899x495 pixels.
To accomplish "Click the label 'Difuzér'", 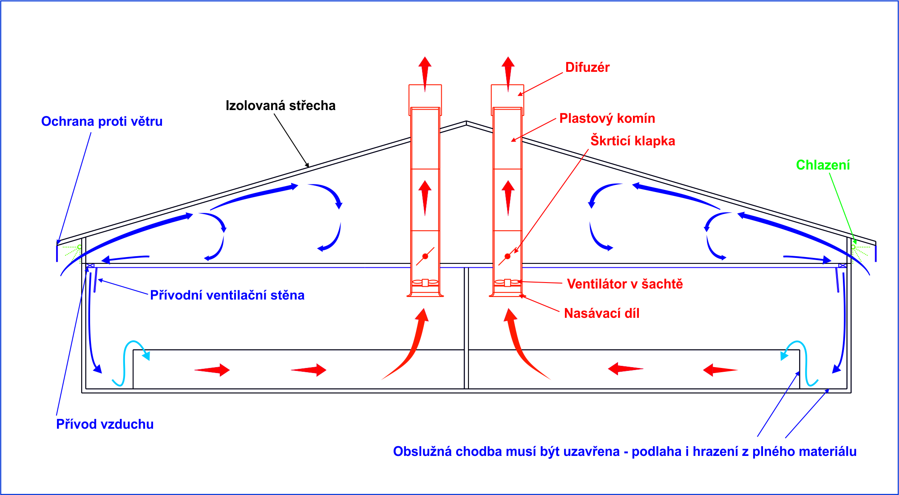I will click(587, 68).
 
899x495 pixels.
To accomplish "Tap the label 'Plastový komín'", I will click(607, 119).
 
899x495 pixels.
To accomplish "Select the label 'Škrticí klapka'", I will click(632, 141).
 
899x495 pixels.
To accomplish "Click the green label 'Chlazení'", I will click(822, 165).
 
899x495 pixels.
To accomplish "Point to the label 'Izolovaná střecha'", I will click(281, 106).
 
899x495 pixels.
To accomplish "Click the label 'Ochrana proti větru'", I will click(102, 122).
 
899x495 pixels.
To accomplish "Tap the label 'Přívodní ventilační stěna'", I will click(227, 295).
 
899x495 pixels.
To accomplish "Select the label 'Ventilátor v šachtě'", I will click(624, 284).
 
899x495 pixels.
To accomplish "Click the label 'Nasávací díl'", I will click(601, 314).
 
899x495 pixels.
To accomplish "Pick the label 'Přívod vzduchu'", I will click(105, 424).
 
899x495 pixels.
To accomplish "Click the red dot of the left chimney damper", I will click(425, 256).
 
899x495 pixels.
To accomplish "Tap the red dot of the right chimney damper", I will click(508, 256).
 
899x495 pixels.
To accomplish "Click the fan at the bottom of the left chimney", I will click(425, 283).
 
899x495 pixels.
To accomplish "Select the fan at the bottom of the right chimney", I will click(508, 283).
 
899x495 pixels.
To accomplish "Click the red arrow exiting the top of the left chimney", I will click(425, 72).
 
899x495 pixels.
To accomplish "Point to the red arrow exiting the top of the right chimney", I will click(508, 72).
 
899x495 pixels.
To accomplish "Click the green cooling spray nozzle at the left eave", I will click(79, 247).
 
